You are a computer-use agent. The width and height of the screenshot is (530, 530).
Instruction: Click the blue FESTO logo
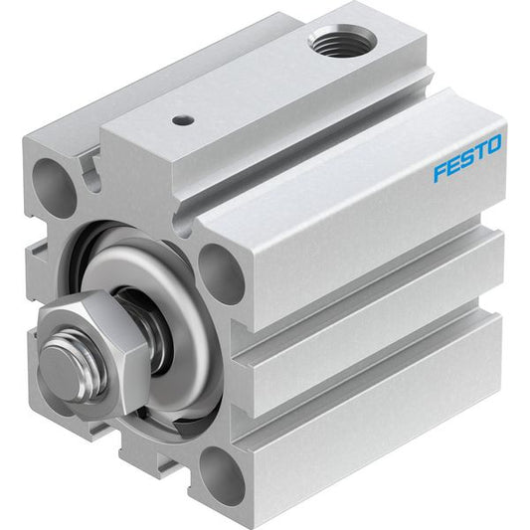467,157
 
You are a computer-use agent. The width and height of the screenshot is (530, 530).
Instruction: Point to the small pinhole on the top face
183,120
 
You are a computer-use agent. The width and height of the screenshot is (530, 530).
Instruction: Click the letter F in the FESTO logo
442,171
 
